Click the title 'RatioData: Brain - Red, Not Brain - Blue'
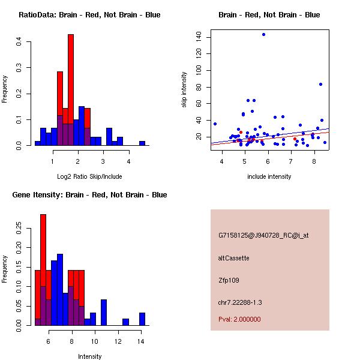89,15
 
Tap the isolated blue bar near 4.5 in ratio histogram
142,143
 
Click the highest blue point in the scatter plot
263,34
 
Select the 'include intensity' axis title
269,176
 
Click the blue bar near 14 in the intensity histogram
142,319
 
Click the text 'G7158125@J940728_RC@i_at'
263,236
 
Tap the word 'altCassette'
233,258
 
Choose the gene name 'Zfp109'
229,280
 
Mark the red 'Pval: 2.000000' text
239,319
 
